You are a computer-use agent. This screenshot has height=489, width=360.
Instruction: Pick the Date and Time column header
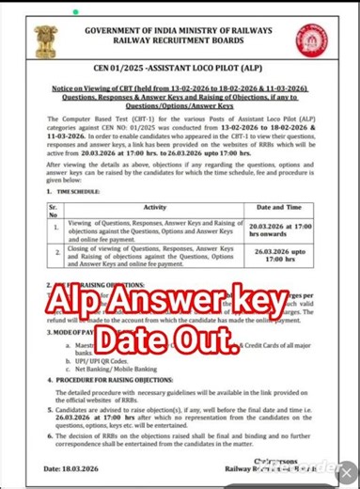coord(277,206)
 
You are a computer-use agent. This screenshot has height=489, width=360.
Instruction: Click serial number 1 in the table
coord(56,228)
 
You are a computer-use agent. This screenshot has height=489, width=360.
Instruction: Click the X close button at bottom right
coord(347,476)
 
